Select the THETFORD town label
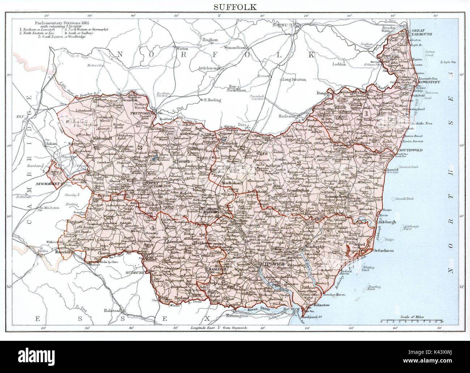(139, 113)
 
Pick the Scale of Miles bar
(412, 321)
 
